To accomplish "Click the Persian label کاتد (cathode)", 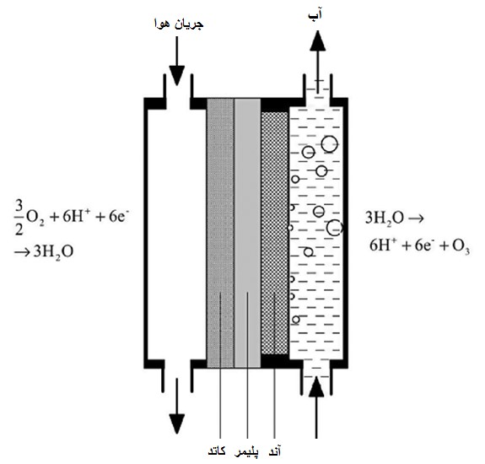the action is coord(217,451).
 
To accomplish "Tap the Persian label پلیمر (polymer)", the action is coord(246,451).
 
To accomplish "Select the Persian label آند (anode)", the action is coord(274,451).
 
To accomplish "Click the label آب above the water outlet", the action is coord(315,15).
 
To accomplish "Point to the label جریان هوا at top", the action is coord(179,24).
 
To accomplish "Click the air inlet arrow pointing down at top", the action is coord(176,61).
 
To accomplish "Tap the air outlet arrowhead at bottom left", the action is coord(176,424).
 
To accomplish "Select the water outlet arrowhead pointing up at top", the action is coord(318,40).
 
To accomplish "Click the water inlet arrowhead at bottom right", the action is coord(316,386).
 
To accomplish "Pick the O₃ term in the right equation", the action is coord(461,246).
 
